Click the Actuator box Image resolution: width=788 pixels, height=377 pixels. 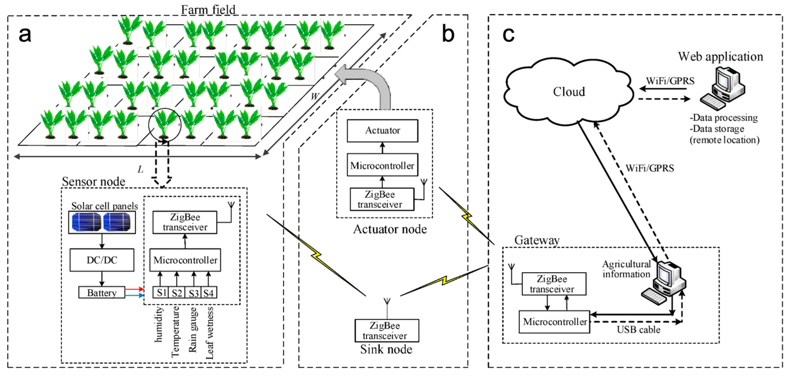(383, 131)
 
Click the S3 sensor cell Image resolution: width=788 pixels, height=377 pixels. (193, 293)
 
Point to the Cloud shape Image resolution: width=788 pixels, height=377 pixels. (568, 92)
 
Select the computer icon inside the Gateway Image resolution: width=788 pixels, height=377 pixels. (664, 283)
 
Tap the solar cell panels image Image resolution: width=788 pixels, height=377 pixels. (102, 222)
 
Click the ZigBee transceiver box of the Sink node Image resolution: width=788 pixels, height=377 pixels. (387, 331)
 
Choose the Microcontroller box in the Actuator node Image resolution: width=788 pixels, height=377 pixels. (383, 165)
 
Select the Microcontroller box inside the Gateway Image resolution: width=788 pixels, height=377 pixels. (554, 322)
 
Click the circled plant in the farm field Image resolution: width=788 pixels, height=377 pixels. (165, 125)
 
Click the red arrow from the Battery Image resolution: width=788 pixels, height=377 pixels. (134, 289)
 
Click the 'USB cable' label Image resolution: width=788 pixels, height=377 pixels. (639, 329)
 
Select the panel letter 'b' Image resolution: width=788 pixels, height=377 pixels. (448, 34)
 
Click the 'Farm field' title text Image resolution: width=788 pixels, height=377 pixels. (208, 9)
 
